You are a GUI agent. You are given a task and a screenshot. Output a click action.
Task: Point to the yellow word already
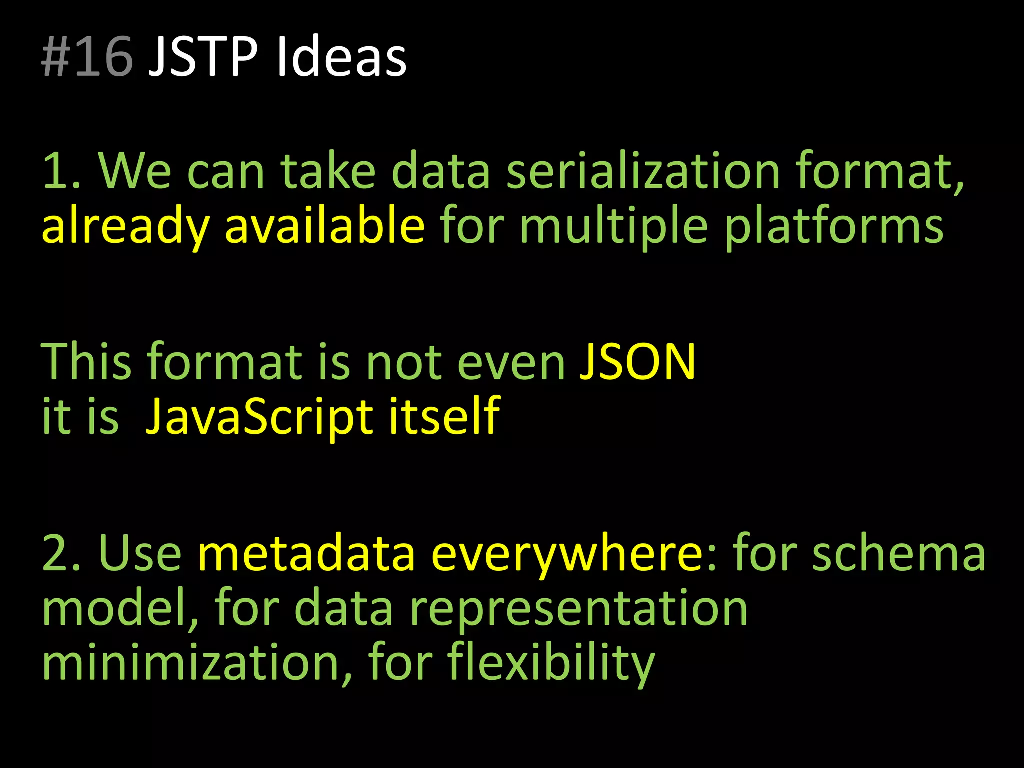pos(125,226)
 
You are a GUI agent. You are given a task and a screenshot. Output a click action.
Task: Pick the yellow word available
pos(325,225)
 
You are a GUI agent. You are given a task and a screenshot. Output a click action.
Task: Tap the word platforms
pos(834,226)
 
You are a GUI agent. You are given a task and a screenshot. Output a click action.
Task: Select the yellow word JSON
pos(637,361)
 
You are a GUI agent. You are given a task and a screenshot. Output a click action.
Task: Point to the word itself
pos(444,415)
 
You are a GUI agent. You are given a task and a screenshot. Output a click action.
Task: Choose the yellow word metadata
pos(306,553)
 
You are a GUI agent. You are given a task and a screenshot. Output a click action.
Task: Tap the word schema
pos(898,553)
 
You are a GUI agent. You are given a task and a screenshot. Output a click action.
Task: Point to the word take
pos(327,171)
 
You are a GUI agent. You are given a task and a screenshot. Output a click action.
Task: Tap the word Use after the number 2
pos(140,553)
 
